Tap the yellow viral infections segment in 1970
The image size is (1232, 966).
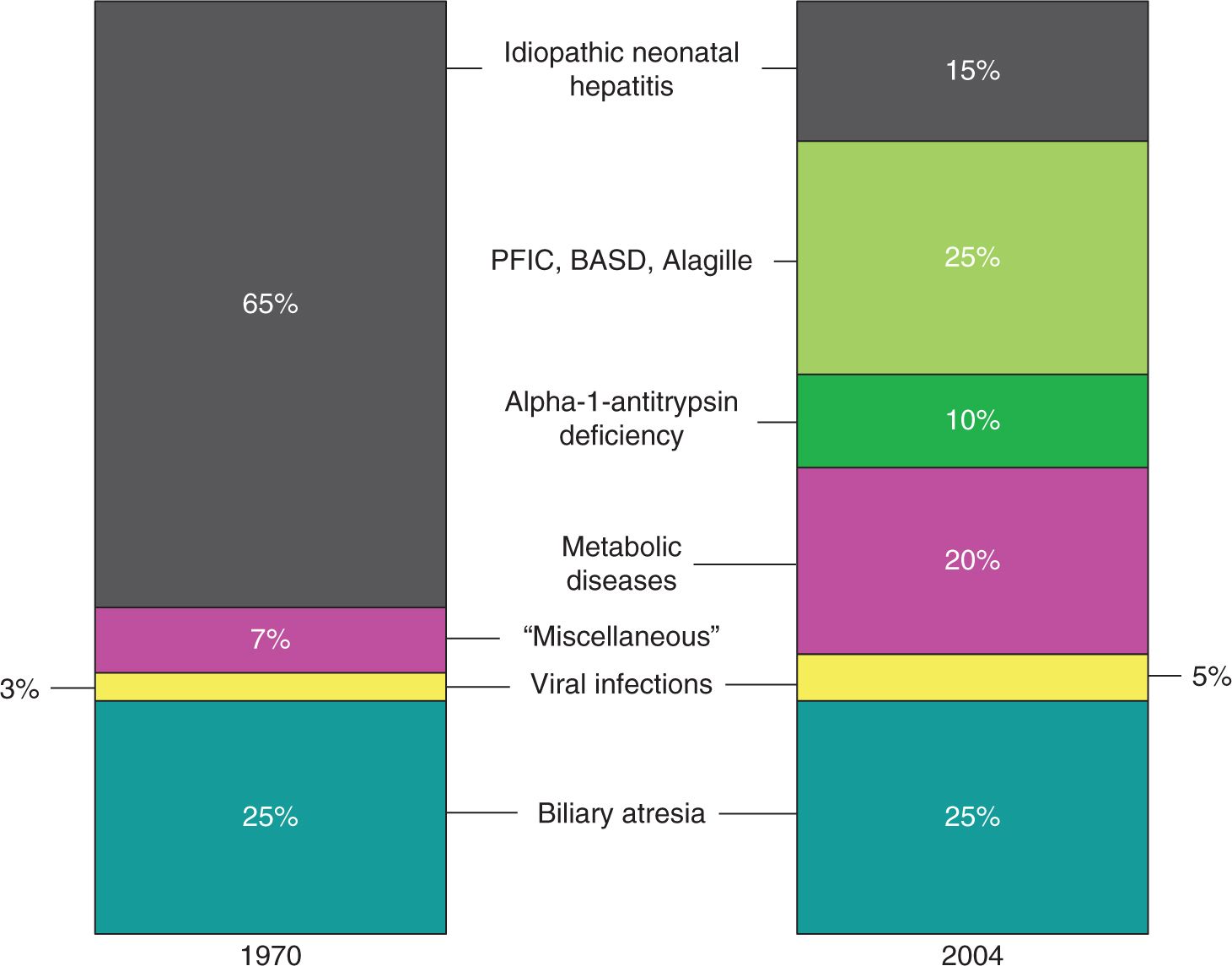tap(270, 687)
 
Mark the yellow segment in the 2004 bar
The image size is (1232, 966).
tap(972, 677)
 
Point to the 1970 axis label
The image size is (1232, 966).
tap(271, 954)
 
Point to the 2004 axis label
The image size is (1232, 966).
tap(972, 954)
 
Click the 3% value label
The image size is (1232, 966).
tap(19, 689)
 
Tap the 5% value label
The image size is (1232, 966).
tap(1211, 677)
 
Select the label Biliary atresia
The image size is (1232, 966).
tap(621, 813)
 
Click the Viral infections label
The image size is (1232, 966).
tap(621, 683)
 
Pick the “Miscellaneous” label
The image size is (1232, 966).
tap(621, 636)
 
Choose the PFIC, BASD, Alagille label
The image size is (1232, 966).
tap(621, 261)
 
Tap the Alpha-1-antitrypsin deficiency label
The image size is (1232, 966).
tap(621, 418)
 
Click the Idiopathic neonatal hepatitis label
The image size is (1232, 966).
tap(621, 69)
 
